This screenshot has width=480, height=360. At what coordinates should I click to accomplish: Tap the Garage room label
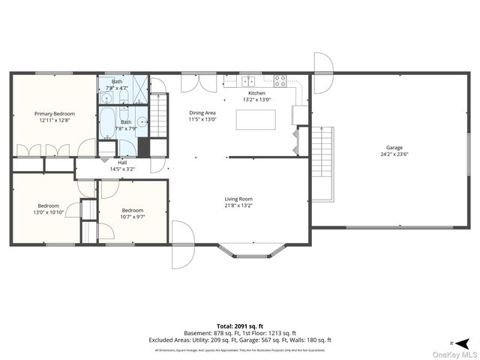tap(394, 148)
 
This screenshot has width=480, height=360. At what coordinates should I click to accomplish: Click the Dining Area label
tap(202, 112)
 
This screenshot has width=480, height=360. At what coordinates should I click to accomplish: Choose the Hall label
tap(121, 162)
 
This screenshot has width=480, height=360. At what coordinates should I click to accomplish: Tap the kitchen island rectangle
tap(256, 118)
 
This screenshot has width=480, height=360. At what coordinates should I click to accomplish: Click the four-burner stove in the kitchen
tap(280, 81)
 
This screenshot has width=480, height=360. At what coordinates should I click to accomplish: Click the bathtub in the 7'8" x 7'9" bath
tap(107, 123)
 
